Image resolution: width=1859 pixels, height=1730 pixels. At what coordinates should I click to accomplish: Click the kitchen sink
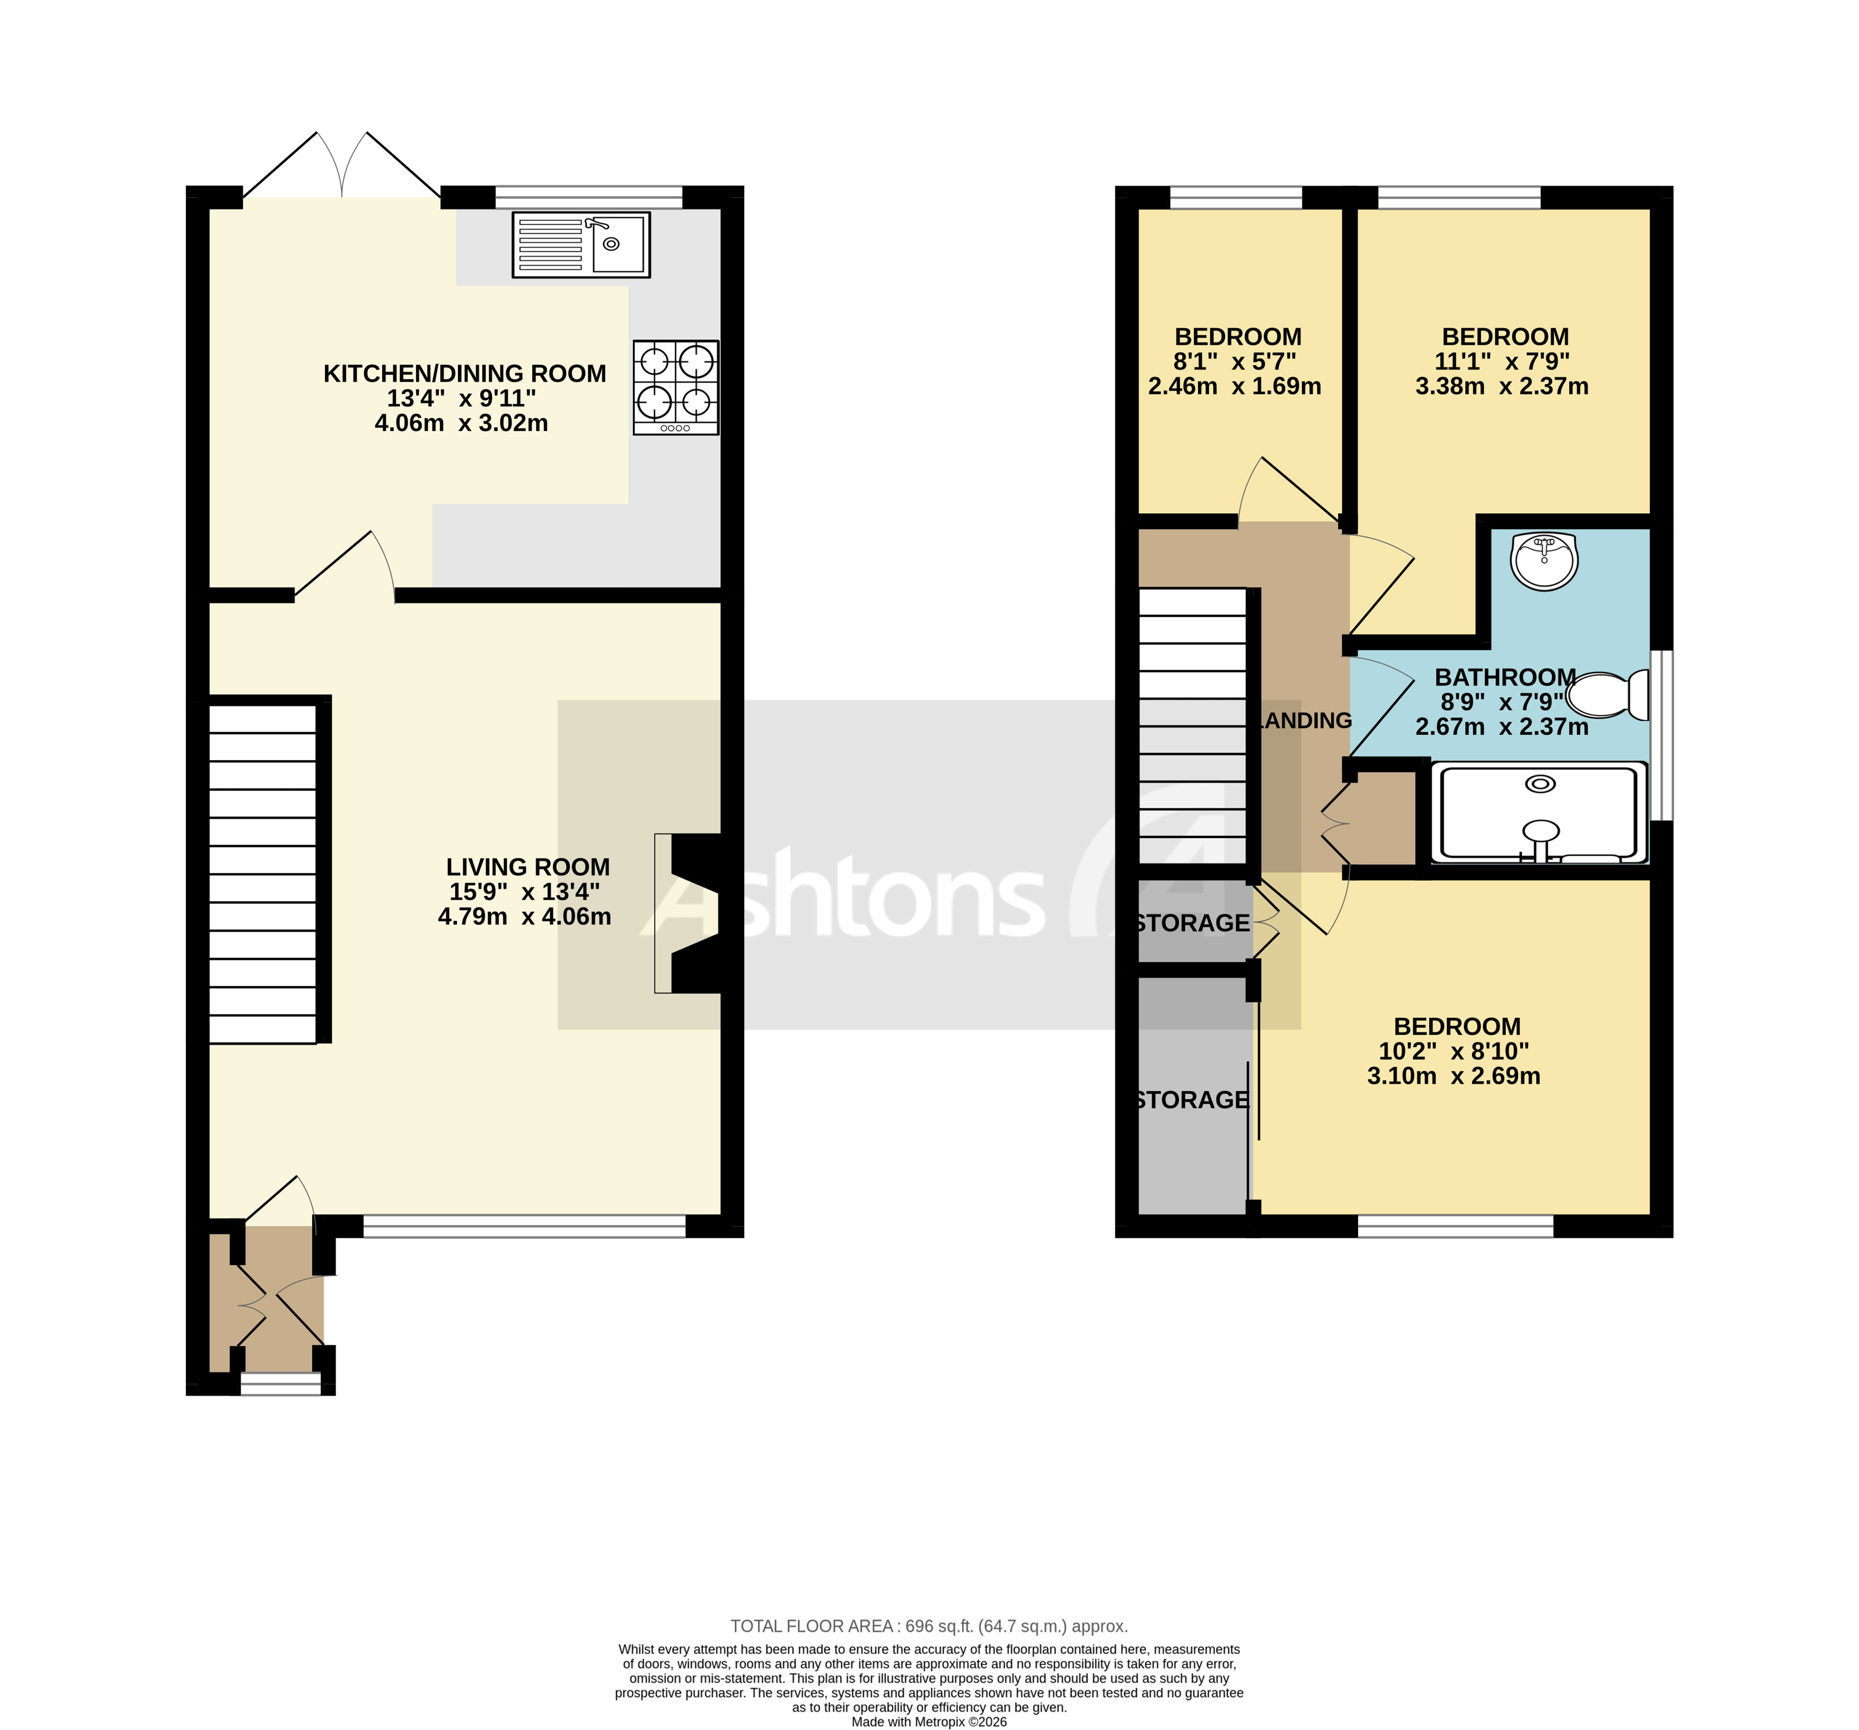(580, 245)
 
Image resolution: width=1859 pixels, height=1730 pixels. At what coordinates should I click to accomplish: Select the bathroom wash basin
(1544, 561)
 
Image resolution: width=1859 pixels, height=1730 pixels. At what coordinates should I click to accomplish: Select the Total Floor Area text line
(929, 1626)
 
